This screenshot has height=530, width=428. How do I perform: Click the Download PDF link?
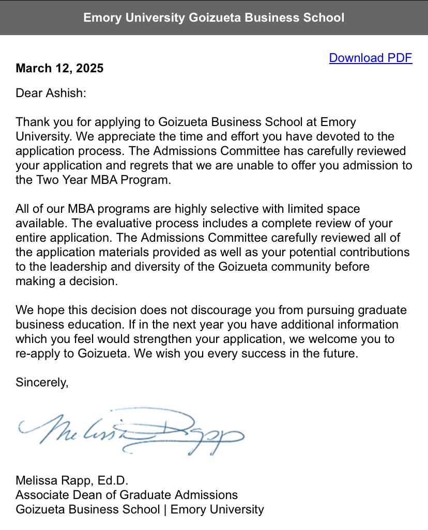[370, 58]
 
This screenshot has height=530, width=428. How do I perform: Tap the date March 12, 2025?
[59, 68]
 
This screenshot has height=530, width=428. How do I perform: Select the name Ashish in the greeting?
[65, 93]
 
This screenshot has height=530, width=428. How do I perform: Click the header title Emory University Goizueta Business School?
[213, 18]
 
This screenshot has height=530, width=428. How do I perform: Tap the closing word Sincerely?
[42, 382]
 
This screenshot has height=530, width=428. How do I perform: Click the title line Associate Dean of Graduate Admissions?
[127, 495]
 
